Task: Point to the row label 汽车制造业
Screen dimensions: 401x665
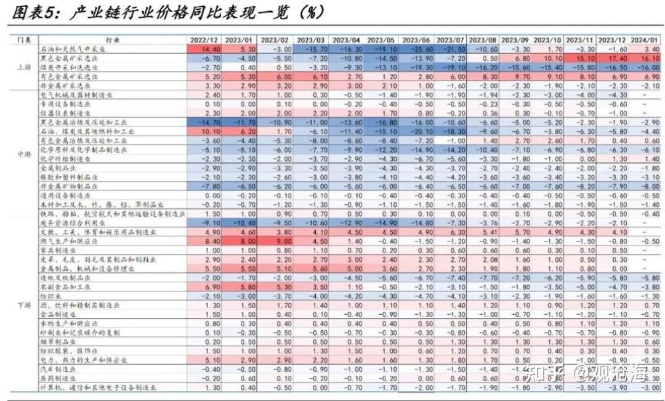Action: (55, 370)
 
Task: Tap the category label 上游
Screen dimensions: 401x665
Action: (21, 67)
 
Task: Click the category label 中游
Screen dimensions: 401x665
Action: (21, 154)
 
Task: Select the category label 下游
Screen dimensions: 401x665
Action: (21, 305)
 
